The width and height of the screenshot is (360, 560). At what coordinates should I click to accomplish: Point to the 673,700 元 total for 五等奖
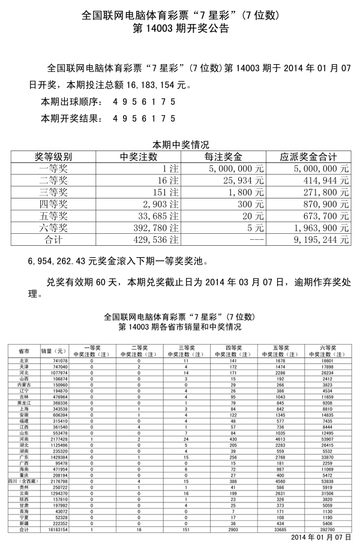[x=321, y=215]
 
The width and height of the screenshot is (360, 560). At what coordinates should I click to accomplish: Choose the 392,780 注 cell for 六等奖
[x=155, y=227]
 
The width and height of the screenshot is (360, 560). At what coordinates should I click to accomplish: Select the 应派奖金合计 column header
[x=308, y=157]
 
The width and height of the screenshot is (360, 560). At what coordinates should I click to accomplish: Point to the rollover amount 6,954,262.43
[x=53, y=261]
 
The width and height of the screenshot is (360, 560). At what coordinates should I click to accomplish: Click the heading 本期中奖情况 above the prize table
[x=180, y=145]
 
